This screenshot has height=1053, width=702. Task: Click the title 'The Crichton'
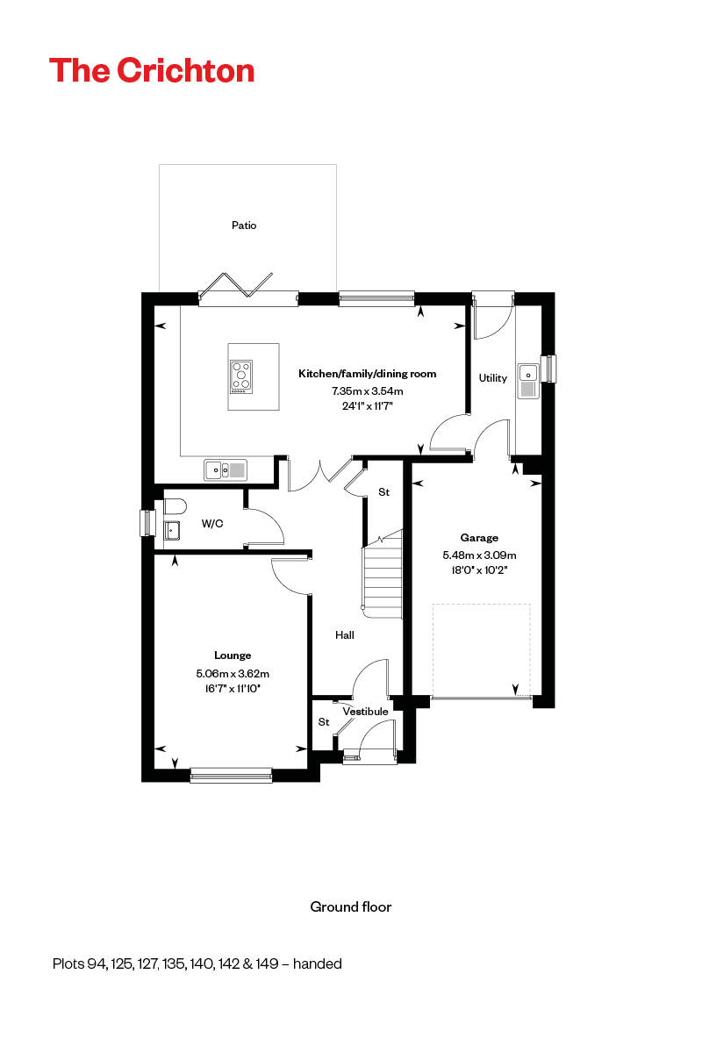pos(152,70)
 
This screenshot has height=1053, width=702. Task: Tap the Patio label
pos(244,226)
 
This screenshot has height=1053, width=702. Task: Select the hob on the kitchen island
pos(241,376)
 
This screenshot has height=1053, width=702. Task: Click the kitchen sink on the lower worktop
pos(226,470)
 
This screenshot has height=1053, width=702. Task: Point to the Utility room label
pos(492,378)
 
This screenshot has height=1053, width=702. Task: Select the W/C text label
pos(212,524)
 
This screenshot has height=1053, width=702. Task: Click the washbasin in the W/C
pos(171,530)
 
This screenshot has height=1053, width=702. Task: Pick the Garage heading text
pos(479,538)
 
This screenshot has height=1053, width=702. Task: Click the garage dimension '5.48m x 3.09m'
pos(479,555)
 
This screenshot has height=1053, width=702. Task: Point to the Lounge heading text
pos(233,655)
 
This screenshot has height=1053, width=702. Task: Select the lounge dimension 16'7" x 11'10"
pos(233,689)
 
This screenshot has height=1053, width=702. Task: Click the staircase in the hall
pos(383,575)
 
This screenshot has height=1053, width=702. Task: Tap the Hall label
pos(345,634)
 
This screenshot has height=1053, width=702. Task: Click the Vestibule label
pos(365,712)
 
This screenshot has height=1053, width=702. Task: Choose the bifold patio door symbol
pos(234,286)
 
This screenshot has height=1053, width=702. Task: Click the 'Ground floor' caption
pos(351,906)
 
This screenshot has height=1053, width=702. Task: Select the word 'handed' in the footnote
pos(317,963)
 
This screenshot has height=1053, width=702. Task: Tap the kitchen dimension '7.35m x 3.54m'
pos(367,390)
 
